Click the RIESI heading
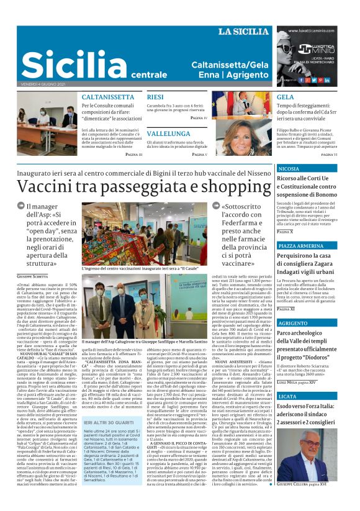155,97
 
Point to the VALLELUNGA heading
169,133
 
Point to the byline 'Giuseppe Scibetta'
32,275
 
